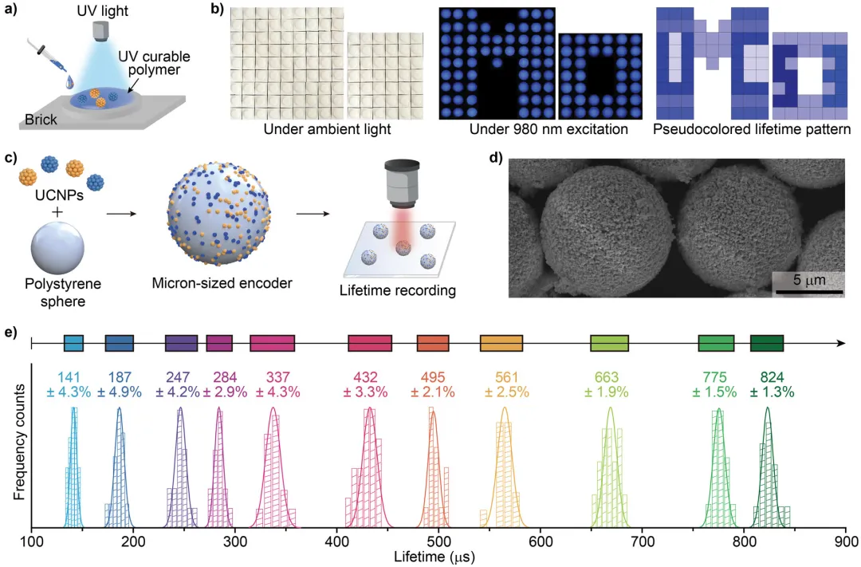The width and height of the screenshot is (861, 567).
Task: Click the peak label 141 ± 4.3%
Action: pos(74,385)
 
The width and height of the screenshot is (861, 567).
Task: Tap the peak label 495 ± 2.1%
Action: pos(433,385)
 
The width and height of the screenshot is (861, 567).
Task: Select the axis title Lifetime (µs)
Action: pos(435,555)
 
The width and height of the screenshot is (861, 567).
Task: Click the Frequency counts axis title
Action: pos(18,443)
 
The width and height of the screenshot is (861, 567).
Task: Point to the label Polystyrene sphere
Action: pos(59,291)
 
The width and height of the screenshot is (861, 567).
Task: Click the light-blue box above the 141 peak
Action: pos(73,343)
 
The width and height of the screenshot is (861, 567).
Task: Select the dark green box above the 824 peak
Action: pos(767,343)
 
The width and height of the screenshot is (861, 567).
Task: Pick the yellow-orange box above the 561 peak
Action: pos(501,343)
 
